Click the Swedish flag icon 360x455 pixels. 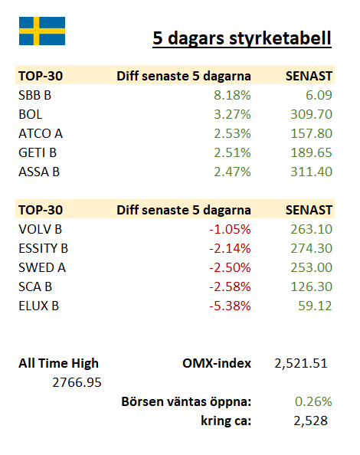[x=42, y=31]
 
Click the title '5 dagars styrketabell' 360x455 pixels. [x=242, y=38]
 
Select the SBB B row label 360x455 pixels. [x=34, y=95]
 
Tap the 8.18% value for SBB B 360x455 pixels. [x=232, y=95]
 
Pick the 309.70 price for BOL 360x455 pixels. [x=311, y=114]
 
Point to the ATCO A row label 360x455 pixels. [x=41, y=133]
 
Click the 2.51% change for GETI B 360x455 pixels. [x=232, y=152]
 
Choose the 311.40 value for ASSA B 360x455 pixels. [x=311, y=172]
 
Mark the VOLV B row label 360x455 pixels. [x=41, y=229]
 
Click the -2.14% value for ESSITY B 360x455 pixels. [x=230, y=248]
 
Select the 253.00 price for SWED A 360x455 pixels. [x=311, y=267]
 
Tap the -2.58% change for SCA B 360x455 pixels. [x=230, y=286]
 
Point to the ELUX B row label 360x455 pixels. [x=39, y=306]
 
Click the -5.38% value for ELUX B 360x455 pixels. [x=230, y=306]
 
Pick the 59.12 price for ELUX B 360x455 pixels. [x=315, y=306]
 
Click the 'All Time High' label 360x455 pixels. [x=59, y=364]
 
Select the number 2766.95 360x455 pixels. [x=77, y=382]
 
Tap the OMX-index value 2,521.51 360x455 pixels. [x=301, y=364]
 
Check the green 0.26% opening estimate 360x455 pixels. [x=313, y=401]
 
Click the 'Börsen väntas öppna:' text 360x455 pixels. [x=186, y=402]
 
